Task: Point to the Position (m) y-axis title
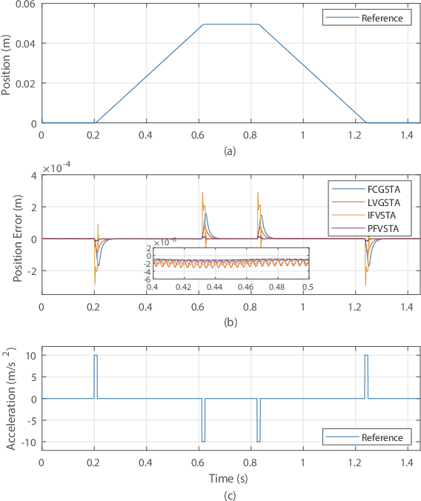[x=9, y=63]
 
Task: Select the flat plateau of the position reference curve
[x=232, y=24]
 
